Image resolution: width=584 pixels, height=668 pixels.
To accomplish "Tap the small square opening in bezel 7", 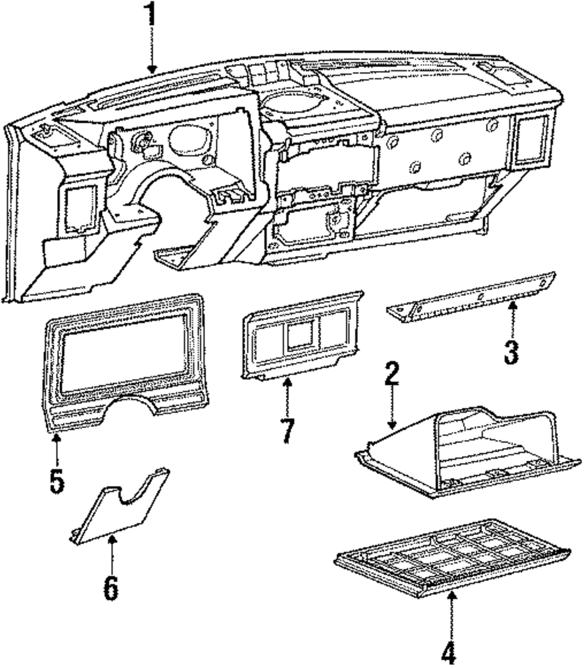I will coord(299,336).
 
